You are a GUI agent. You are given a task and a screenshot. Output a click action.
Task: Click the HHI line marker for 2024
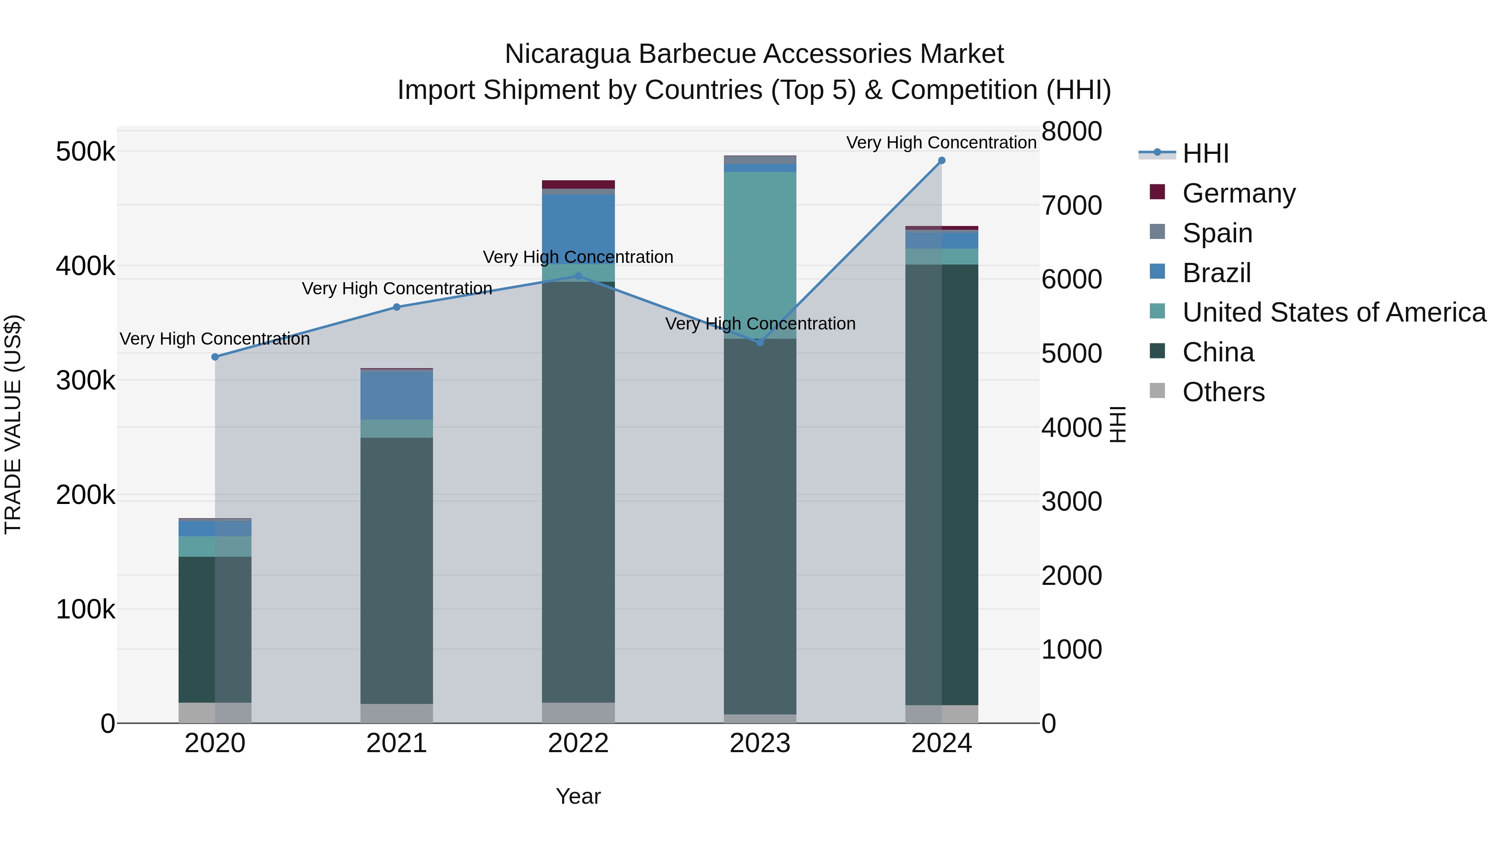point(941,161)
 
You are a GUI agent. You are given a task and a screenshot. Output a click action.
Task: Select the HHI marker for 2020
point(215,357)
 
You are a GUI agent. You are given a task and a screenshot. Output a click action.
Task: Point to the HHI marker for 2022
point(578,276)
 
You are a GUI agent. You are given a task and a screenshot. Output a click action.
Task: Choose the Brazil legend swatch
point(1157,272)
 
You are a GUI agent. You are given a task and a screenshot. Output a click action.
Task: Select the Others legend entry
point(1223,392)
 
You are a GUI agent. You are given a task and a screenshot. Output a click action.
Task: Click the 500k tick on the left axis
point(86,152)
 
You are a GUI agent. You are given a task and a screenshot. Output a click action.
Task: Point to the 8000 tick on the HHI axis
point(1071,131)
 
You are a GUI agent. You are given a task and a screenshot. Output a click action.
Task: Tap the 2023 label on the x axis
point(760,743)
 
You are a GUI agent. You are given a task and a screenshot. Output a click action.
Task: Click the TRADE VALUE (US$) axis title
point(13,424)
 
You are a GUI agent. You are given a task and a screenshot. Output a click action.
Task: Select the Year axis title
point(578,796)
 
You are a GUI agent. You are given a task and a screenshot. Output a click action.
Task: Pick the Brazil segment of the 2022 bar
point(578,229)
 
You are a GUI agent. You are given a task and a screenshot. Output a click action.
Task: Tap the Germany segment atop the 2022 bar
point(578,184)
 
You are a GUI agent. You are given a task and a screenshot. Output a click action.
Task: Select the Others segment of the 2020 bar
point(215,712)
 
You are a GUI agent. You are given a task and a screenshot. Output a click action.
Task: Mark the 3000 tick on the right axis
point(1071,501)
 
